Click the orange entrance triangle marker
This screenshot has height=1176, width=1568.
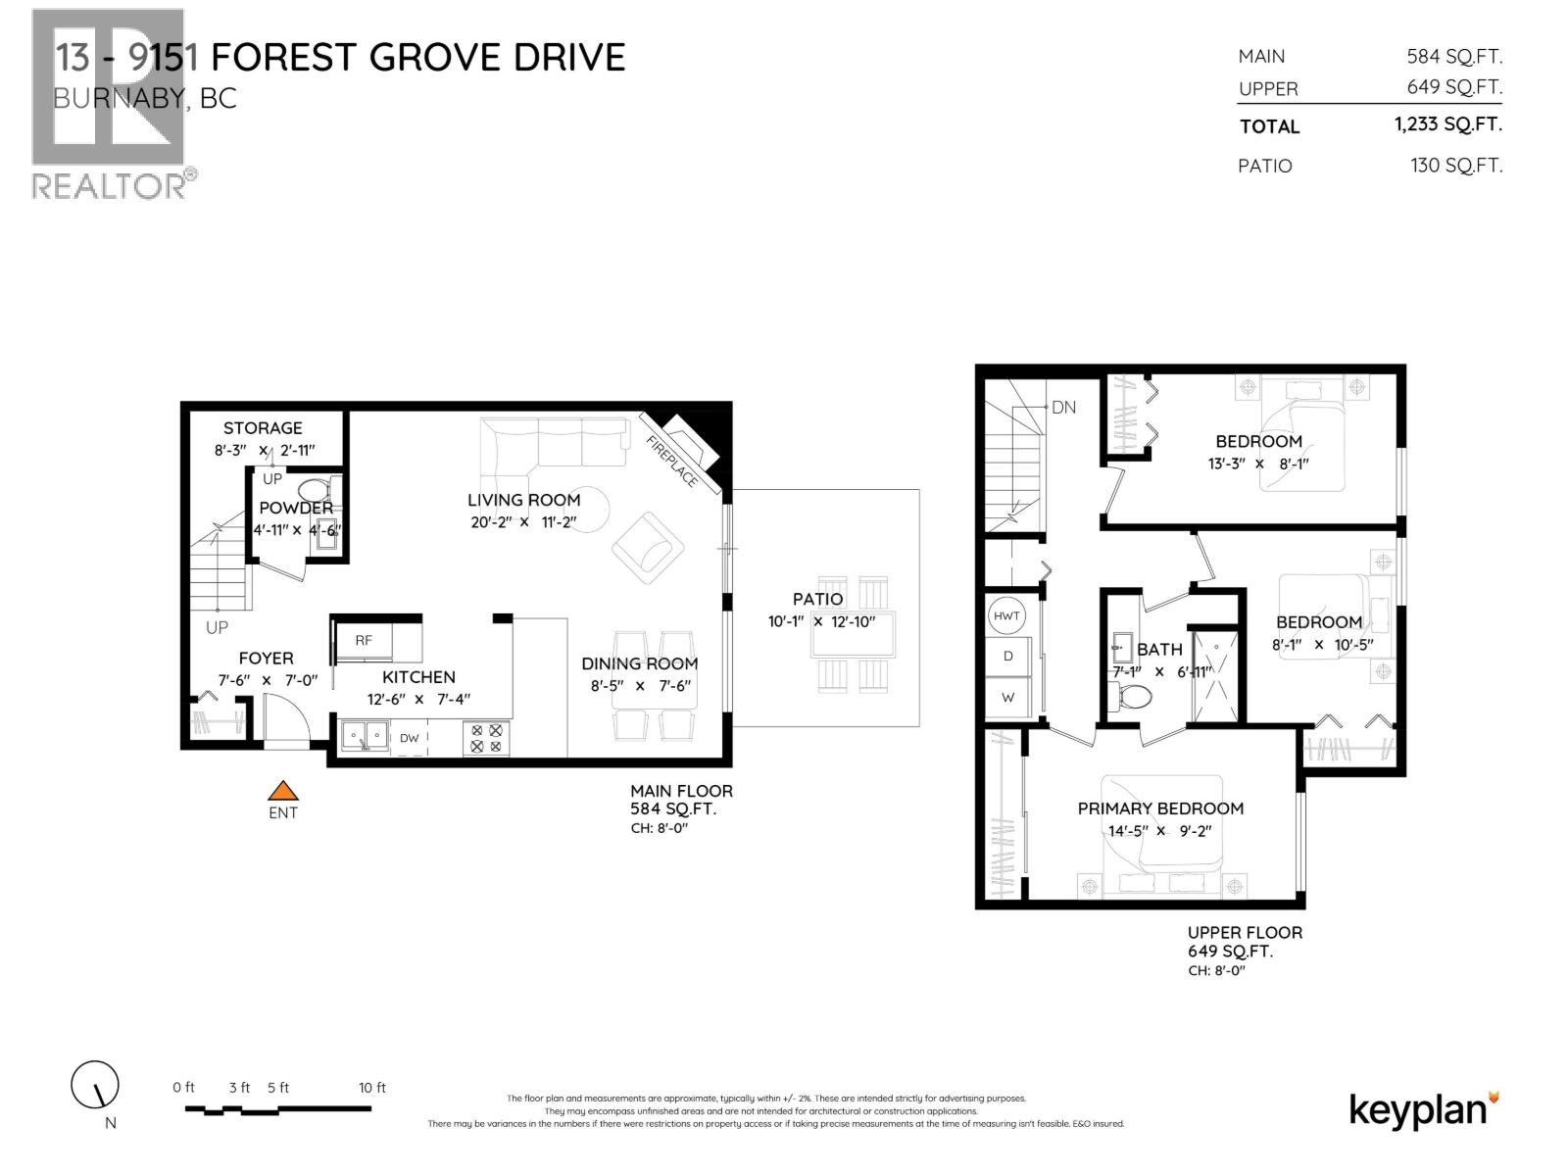pos(283,791)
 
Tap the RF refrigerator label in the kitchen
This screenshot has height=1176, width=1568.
pos(364,640)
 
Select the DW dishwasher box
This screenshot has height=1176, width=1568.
pos(410,738)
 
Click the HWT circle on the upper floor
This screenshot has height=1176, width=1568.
pos(1006,616)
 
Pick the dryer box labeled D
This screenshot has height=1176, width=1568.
pos(1007,656)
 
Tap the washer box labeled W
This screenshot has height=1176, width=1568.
pos(1007,698)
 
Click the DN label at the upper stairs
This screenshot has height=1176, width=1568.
pos(1063,407)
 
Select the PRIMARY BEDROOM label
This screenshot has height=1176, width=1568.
pos(1160,808)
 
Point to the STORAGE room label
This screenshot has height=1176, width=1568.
pos(263,428)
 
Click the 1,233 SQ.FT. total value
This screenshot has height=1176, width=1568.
pos(1447,124)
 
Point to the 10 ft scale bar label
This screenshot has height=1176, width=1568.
pos(372,1087)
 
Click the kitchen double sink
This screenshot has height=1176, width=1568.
pos(364,736)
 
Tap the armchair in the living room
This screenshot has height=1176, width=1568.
pos(648,548)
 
